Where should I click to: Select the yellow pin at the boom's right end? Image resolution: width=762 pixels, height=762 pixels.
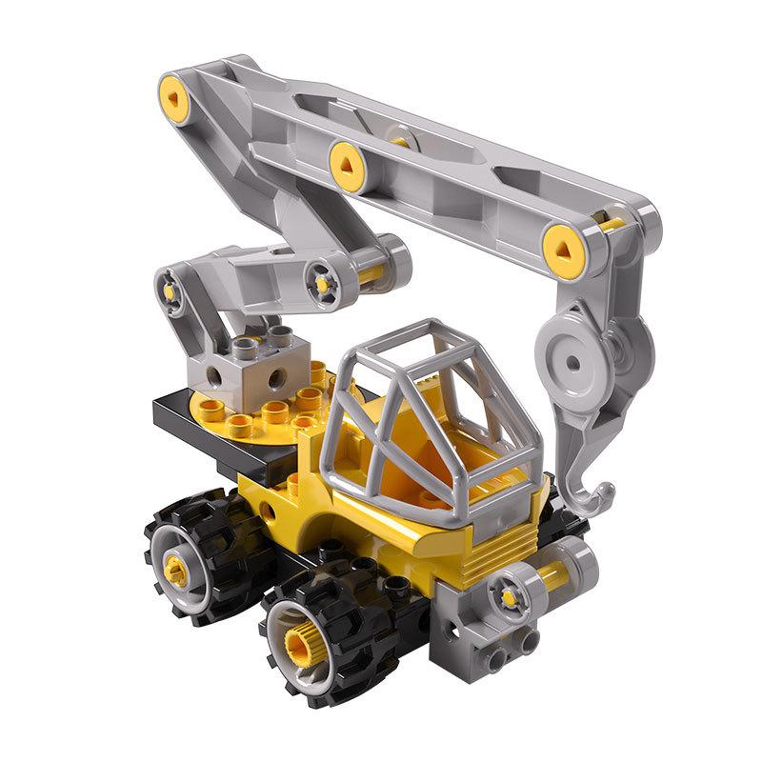563,246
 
